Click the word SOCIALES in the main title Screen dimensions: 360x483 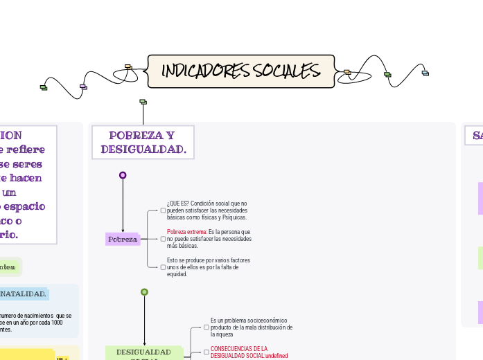tap(286, 71)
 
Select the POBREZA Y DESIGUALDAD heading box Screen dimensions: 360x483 tap(143, 143)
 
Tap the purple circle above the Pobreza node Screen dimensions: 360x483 tap(123, 175)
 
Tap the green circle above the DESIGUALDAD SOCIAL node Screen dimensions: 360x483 tap(144, 291)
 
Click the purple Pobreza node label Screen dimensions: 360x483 tap(123, 239)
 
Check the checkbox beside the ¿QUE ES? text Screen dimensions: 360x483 tap(163, 210)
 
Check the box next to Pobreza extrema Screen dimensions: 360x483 tap(163, 239)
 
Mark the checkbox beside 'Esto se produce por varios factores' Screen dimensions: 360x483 tap(163, 267)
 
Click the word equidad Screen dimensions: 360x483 tap(178, 274)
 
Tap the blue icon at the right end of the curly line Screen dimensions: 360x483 tap(425, 73)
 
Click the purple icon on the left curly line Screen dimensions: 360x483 tap(83, 87)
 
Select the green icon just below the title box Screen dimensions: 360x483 tap(143, 102)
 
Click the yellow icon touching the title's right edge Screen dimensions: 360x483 tap(347, 71)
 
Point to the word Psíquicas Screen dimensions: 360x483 tap(233, 217)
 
